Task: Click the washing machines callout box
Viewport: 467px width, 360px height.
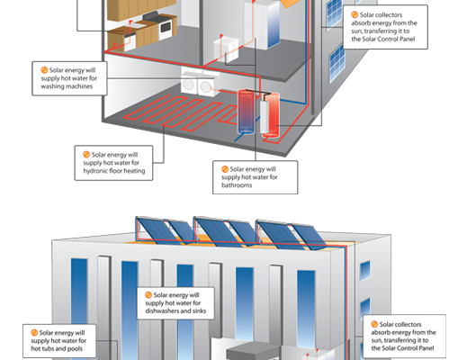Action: [x=69, y=78]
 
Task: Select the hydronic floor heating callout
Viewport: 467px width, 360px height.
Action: [x=113, y=163]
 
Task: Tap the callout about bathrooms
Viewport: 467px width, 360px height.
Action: [x=256, y=177]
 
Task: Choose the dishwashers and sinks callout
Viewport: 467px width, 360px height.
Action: [x=175, y=303]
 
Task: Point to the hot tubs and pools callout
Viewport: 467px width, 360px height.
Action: [x=59, y=341]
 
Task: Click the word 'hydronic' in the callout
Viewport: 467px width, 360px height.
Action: [x=94, y=171]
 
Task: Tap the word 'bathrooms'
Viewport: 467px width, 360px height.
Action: [x=237, y=185]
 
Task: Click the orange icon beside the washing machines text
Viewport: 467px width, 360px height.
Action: [x=44, y=70]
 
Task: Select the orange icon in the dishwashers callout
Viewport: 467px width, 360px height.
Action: [x=148, y=295]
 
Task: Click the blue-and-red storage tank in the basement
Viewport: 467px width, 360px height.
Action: [x=246, y=111]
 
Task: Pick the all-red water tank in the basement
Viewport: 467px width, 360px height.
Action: [x=272, y=115]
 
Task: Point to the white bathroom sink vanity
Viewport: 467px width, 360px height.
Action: [x=227, y=49]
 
